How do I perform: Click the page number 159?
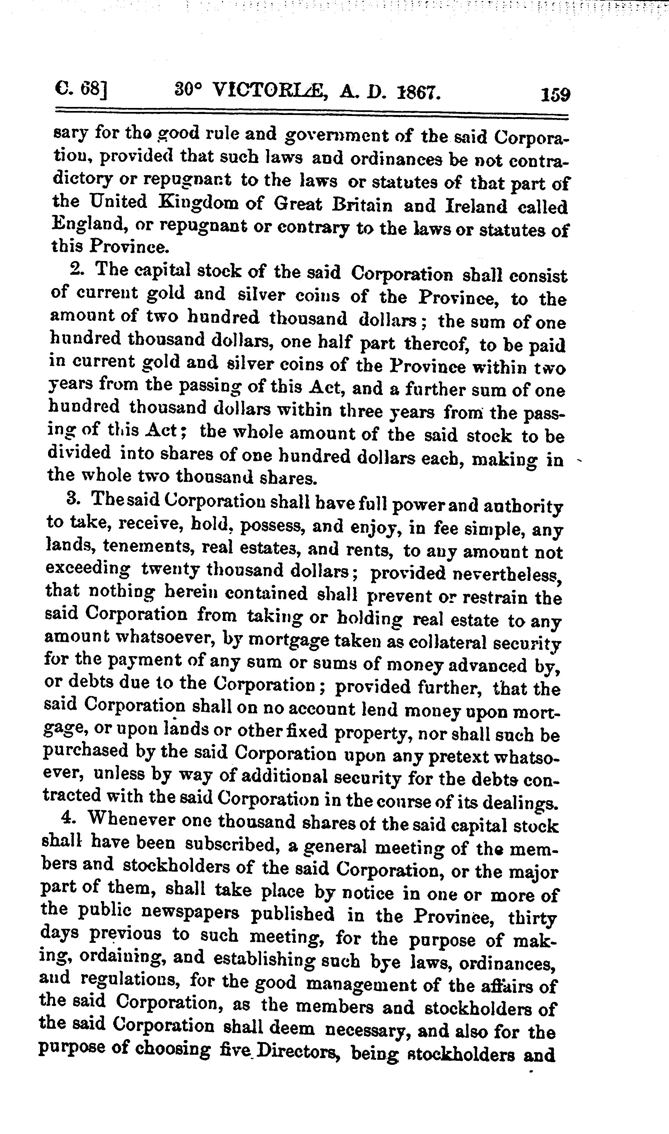[x=556, y=95]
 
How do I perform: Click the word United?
[x=119, y=201]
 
